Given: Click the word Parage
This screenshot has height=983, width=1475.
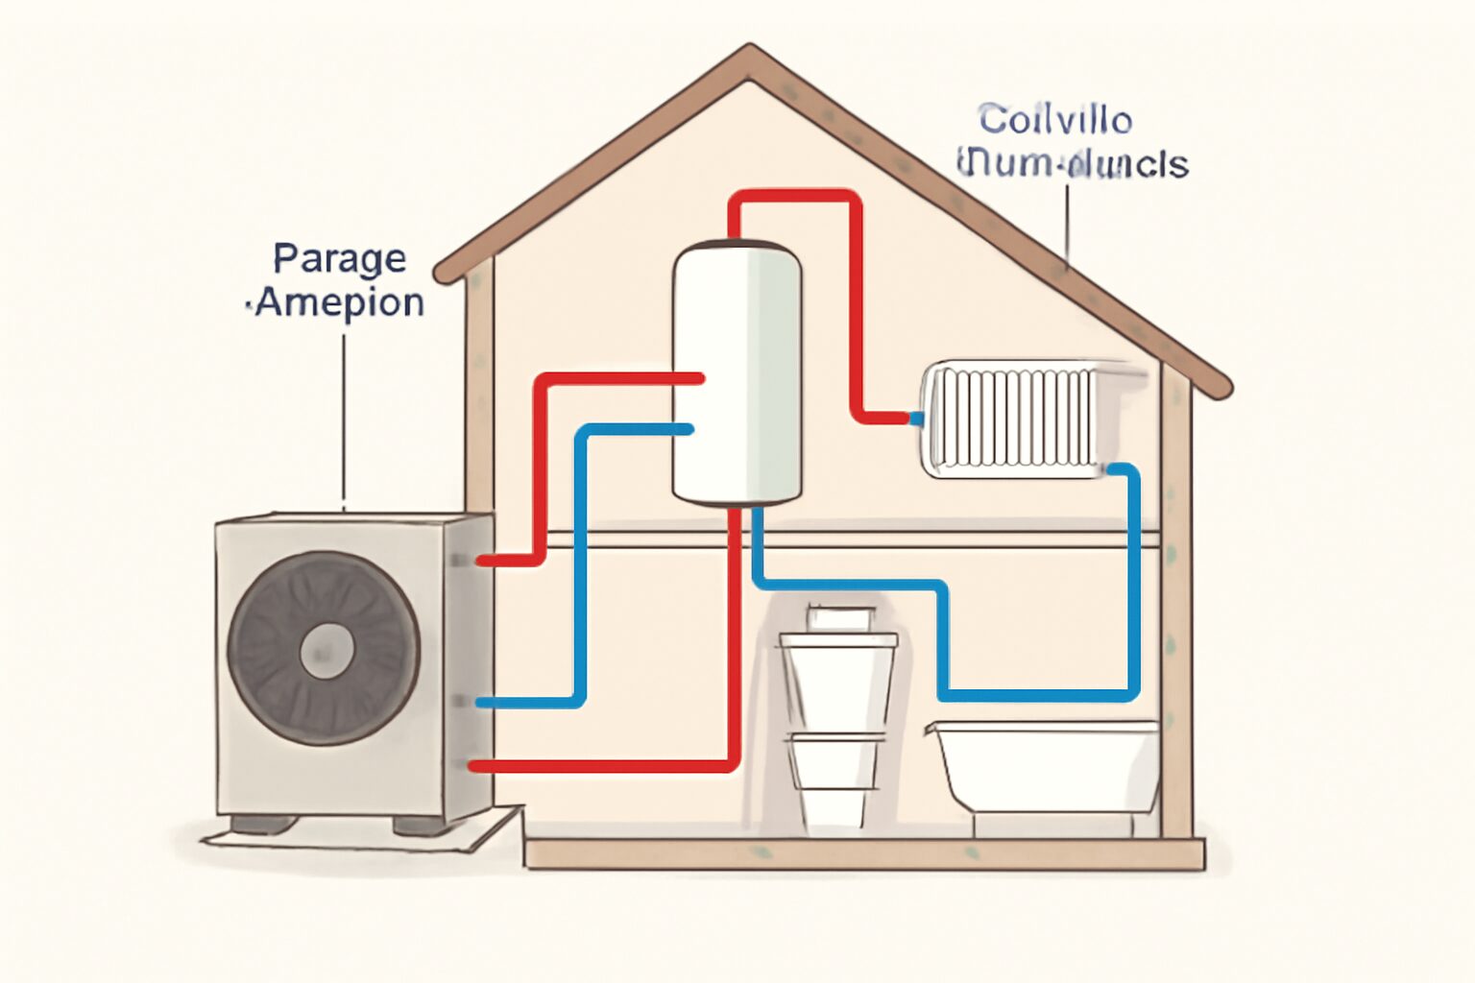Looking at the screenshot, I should click(339, 259).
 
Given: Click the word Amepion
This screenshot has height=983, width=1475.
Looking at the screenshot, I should click(340, 302).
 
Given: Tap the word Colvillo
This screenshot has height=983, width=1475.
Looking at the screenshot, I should click(1055, 120).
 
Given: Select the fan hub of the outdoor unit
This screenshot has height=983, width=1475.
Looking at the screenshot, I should click(327, 650).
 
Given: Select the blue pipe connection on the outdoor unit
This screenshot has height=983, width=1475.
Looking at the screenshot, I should click(481, 703).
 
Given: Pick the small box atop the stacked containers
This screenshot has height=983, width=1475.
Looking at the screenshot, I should click(841, 617).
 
